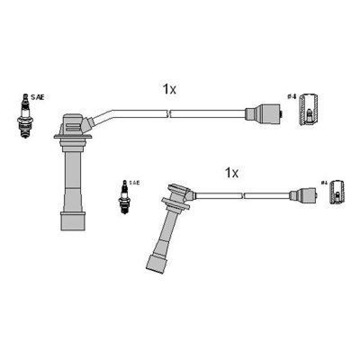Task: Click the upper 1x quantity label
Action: pyautogui.click(x=169, y=89)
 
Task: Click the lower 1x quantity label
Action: pyautogui.click(x=231, y=172)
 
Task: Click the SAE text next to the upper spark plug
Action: pyautogui.click(x=38, y=97)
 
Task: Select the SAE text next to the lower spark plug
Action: pyautogui.click(x=135, y=183)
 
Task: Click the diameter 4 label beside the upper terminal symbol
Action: pyautogui.click(x=291, y=97)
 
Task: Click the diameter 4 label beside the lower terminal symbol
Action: pyautogui.click(x=324, y=183)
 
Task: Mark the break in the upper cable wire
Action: pyautogui.click(x=169, y=114)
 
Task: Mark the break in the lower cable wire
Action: pyautogui.click(x=243, y=196)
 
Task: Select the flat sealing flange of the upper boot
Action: pyautogui.click(x=73, y=135)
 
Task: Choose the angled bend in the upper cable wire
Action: pyautogui.click(x=108, y=114)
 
